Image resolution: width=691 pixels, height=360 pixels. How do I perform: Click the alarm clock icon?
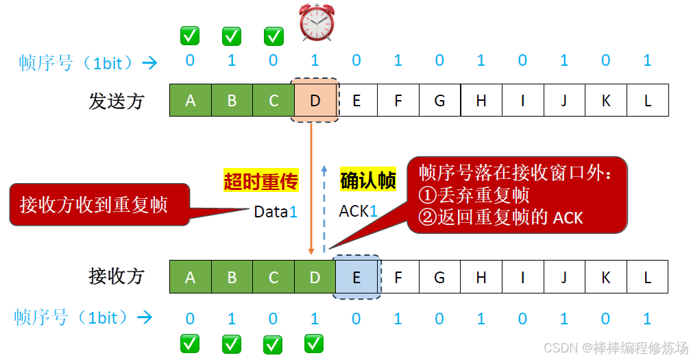point(316,23)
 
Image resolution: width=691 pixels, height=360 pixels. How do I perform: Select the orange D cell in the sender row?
point(315,101)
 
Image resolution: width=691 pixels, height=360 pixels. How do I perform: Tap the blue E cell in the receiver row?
point(356,277)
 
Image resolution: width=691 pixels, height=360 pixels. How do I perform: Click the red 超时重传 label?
point(260,181)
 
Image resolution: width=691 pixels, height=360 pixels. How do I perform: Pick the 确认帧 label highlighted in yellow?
point(368,181)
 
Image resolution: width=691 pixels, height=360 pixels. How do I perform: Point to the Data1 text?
point(276,212)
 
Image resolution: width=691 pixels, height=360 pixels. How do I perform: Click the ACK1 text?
point(359,212)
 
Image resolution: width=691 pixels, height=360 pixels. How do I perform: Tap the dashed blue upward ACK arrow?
point(324,206)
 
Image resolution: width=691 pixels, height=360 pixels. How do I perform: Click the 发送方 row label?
point(117,101)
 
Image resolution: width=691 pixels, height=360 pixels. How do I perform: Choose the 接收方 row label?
point(117,276)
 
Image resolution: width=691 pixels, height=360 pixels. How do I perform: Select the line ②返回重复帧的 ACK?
point(500,217)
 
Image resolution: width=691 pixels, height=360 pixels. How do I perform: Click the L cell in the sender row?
point(648,101)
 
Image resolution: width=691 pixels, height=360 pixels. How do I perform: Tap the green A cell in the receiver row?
point(190,277)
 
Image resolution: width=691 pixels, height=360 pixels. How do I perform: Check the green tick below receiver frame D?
point(314,343)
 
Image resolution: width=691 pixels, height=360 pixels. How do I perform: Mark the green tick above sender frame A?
point(189,36)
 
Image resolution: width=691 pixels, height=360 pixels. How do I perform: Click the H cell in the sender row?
point(481,101)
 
